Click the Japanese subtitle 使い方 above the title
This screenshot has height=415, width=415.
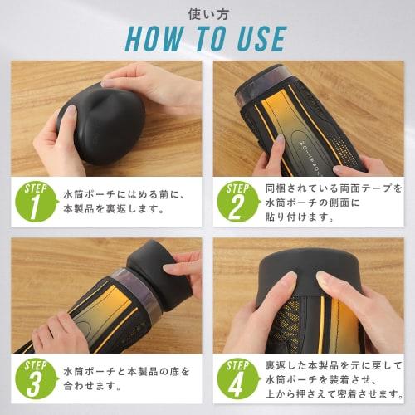click(x=207, y=12)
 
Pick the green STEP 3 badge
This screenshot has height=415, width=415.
click(x=34, y=378)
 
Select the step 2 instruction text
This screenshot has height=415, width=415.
click(x=332, y=202)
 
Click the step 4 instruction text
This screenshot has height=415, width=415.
click(x=332, y=377)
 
